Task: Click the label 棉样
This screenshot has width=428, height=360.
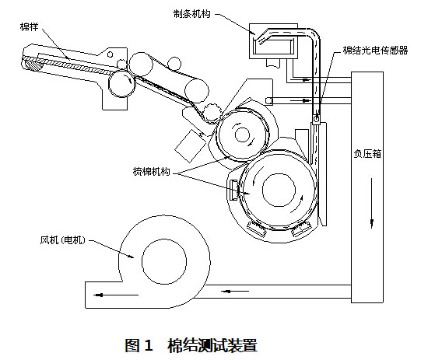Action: pyautogui.click(x=30, y=26)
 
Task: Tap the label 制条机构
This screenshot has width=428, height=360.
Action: pyautogui.click(x=192, y=14)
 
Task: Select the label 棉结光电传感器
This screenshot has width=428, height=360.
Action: pyautogui.click(x=375, y=51)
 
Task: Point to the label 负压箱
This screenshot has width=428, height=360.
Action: pyautogui.click(x=367, y=154)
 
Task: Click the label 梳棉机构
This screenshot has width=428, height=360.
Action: pyautogui.click(x=151, y=171)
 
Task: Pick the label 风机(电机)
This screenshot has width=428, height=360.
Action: pyautogui.click(x=63, y=240)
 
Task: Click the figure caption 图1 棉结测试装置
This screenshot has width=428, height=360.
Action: pyautogui.click(x=191, y=345)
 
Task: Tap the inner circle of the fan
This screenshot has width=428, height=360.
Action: pyautogui.click(x=164, y=261)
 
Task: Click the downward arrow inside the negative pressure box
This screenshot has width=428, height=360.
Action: pyautogui.click(x=371, y=203)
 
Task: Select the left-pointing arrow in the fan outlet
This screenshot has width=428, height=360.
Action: pyautogui.click(x=116, y=295)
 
